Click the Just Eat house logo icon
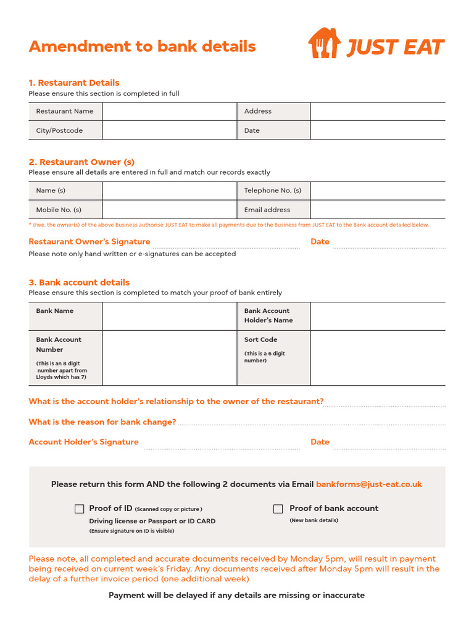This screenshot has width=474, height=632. click(x=324, y=43)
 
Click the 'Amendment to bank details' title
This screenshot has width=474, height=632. click(x=142, y=46)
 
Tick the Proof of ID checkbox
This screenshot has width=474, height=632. click(x=79, y=509)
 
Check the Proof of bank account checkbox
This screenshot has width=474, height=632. click(x=278, y=509)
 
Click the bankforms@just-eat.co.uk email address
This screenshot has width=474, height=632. click(x=369, y=484)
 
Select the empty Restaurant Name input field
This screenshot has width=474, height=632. click(x=170, y=111)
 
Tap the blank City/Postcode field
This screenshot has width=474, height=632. click(x=170, y=130)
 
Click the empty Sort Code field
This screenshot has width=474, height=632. click(x=377, y=358)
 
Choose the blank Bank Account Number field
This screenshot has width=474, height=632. click(x=170, y=358)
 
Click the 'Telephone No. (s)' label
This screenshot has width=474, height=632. click(x=273, y=191)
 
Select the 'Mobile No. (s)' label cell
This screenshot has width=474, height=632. click(x=65, y=209)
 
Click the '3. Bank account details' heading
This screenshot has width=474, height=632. click(x=79, y=283)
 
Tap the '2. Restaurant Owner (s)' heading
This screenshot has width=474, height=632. click(x=81, y=162)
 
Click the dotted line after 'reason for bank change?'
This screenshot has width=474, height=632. click(x=312, y=425)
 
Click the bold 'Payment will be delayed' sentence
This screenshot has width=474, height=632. click(x=236, y=595)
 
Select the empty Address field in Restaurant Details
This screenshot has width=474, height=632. click(x=377, y=111)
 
